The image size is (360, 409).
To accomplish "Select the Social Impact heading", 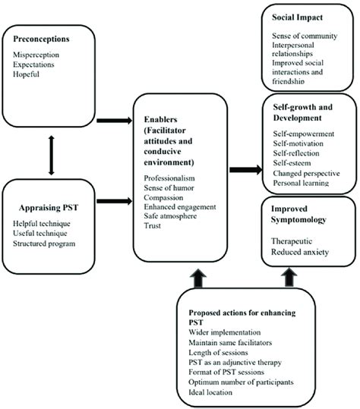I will point(297,16).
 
